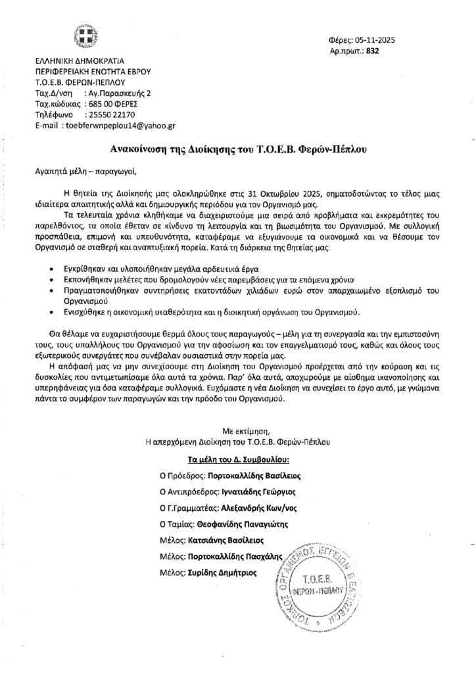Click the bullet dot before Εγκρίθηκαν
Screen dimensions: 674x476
coord(53,271)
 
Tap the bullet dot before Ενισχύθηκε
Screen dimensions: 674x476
coord(53,311)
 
